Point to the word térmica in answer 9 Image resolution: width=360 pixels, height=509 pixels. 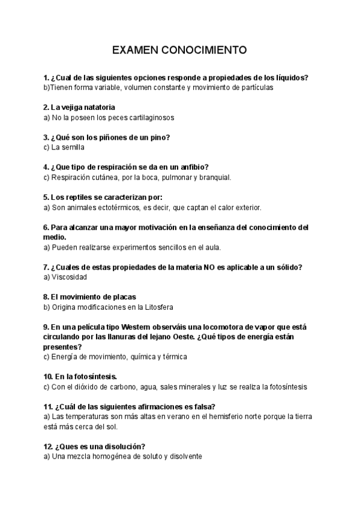click(173, 357)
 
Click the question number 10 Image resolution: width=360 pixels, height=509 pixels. click(49, 376)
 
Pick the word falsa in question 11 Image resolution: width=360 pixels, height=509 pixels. click(204, 406)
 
